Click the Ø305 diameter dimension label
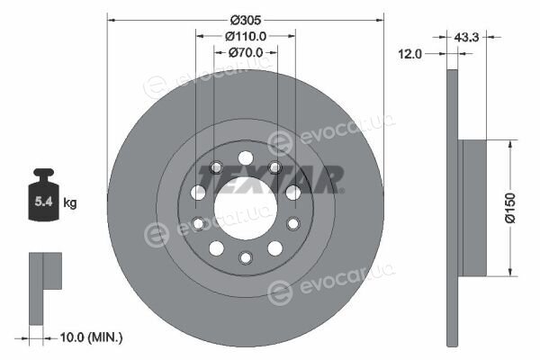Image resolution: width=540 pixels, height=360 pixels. click(x=246, y=21)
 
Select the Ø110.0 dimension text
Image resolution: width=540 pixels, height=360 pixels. click(x=246, y=36)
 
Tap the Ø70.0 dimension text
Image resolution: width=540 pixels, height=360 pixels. click(x=246, y=52)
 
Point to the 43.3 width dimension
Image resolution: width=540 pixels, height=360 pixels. click(x=466, y=37)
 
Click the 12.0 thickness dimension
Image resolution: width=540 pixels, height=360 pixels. click(x=409, y=54)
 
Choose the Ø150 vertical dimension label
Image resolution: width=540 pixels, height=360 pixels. click(x=510, y=208)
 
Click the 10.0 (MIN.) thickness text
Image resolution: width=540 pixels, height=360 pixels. click(x=91, y=337)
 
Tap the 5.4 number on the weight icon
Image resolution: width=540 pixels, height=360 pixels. click(x=43, y=202)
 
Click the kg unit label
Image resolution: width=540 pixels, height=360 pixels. click(x=70, y=202)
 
